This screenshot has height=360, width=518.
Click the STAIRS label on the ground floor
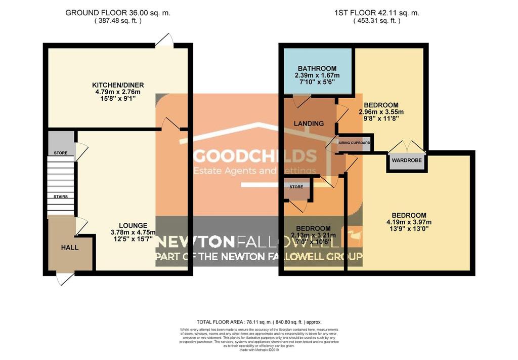[x=61, y=196]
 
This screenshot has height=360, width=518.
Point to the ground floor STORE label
[x=61, y=152]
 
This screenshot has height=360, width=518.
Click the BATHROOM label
[x=317, y=69]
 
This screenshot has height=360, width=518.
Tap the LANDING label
[x=309, y=123]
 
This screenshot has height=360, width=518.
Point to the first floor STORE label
[x=296, y=187]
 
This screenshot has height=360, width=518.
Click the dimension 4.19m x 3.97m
[x=407, y=222]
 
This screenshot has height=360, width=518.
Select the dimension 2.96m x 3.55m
[x=381, y=112]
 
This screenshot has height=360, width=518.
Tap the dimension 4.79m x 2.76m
[x=116, y=92]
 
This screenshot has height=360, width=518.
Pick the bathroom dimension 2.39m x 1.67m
[x=317, y=75]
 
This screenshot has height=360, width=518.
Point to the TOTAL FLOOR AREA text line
[x=258, y=322]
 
